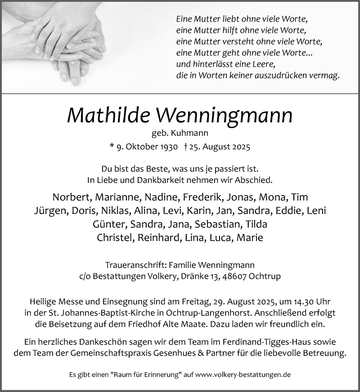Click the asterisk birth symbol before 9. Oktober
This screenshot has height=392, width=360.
[112, 146]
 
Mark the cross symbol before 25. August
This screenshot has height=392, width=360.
[185, 147]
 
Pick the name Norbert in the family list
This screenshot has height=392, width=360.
[71, 197]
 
